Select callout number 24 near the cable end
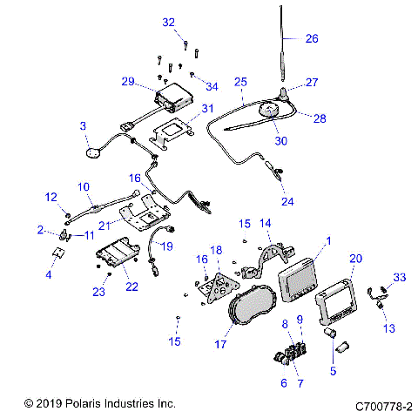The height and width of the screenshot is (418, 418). pos(287,201)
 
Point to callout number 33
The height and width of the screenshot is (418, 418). pos(399,277)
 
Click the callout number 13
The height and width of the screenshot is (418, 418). pos(388,328)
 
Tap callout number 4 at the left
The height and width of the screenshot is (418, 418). pos(49,275)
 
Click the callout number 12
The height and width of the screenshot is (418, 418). pos(51,196)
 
